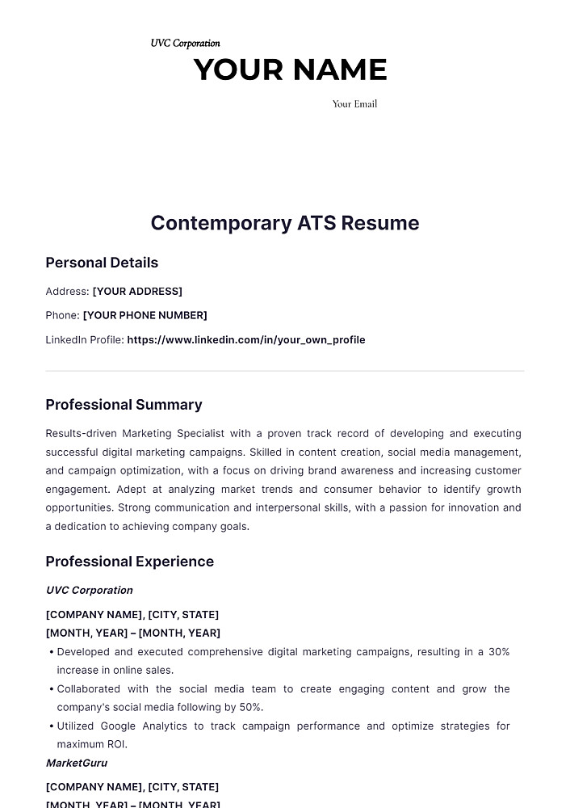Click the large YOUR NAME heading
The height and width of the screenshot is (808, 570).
290,70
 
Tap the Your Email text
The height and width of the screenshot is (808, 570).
354,103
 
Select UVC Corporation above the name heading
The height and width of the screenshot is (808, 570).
185,43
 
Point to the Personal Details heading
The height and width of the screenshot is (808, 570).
102,263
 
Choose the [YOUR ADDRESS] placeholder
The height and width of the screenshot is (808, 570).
137,291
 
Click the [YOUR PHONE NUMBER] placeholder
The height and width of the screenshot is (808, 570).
145,315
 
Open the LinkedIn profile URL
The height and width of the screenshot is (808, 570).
246,340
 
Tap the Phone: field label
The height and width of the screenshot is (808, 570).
62,315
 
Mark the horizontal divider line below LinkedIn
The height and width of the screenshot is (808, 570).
285,372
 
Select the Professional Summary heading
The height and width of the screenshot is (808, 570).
124,405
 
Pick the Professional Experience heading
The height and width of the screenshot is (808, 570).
129,562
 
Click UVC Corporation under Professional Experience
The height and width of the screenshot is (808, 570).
90,590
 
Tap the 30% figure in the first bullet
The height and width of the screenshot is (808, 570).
499,651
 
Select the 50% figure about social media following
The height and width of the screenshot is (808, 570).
249,707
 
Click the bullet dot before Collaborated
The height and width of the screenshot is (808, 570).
51,689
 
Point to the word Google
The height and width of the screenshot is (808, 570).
124,726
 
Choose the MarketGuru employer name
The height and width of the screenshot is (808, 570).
77,763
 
